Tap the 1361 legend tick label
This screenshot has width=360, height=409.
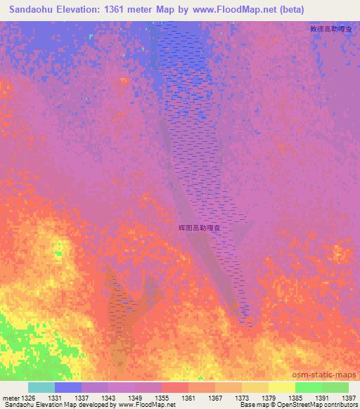[x=189, y=398]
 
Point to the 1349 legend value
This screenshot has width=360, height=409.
[x=136, y=398]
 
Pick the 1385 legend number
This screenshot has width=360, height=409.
[x=296, y=398]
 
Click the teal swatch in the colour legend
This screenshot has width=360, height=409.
[x=41, y=387]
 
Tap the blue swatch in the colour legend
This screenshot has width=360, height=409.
[x=68, y=387]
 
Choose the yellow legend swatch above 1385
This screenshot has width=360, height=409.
[x=282, y=387]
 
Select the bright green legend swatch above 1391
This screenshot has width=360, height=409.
[x=309, y=387]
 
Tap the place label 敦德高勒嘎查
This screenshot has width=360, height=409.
[x=330, y=30]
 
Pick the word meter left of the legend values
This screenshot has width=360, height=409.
[x=11, y=398]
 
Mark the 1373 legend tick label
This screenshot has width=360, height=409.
[x=243, y=398]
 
